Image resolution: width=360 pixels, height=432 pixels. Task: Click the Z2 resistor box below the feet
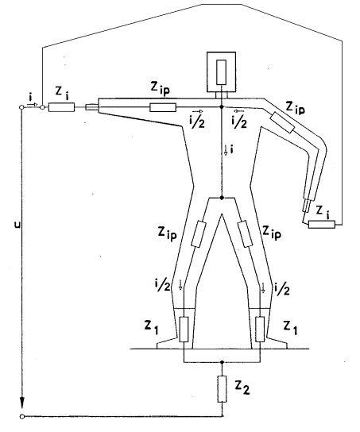click(x=223, y=389)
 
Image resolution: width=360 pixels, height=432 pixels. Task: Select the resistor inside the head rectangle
click(x=222, y=72)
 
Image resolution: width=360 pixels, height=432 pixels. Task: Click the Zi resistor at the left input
click(x=61, y=107)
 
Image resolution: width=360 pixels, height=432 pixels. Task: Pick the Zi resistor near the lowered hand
click(x=322, y=224)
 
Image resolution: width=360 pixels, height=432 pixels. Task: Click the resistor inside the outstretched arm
click(x=163, y=107)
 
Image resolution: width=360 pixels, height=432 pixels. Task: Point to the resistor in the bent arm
click(x=282, y=122)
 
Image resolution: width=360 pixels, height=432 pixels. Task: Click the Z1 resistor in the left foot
click(x=184, y=330)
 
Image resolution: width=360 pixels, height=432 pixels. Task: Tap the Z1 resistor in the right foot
click(x=260, y=330)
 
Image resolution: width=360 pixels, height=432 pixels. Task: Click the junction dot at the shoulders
click(x=222, y=106)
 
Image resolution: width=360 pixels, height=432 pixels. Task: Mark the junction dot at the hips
click(x=222, y=198)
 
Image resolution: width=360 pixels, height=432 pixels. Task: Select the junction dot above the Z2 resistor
click(x=223, y=362)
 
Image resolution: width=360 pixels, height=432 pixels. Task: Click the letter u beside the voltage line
click(x=17, y=225)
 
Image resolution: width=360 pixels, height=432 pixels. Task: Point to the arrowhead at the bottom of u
click(x=21, y=403)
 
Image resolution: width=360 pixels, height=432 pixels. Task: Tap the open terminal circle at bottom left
click(x=21, y=416)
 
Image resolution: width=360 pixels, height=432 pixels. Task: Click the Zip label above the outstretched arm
click(x=161, y=88)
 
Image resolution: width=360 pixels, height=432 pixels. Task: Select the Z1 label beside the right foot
click(x=291, y=328)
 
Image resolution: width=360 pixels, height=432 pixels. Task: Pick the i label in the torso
click(x=232, y=149)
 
